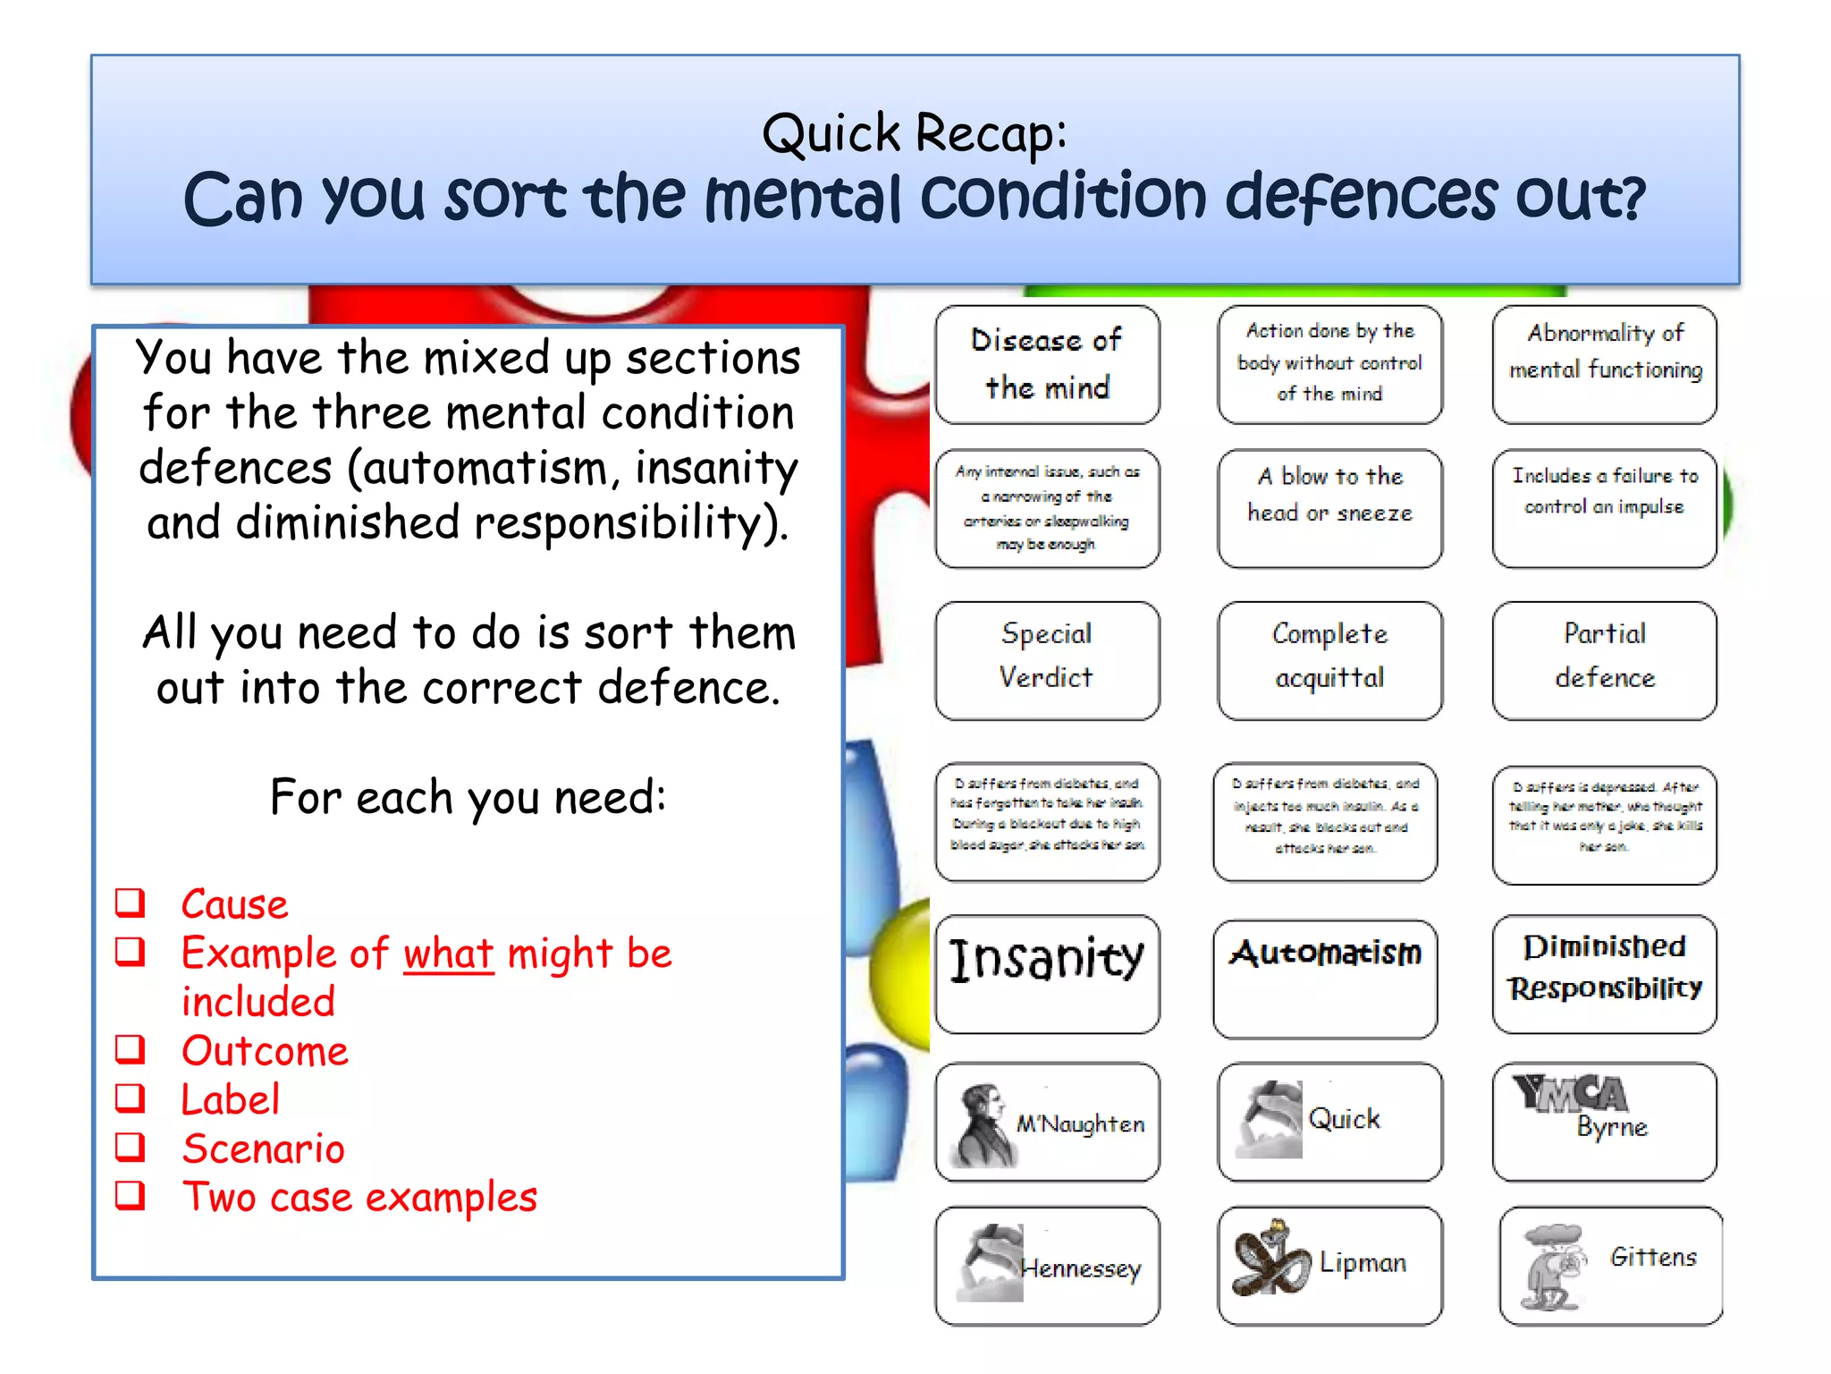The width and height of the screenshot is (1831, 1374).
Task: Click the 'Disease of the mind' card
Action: (1047, 364)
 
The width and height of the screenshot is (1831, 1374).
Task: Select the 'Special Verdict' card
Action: (1047, 660)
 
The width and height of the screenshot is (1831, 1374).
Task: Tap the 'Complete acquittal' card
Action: (1329, 660)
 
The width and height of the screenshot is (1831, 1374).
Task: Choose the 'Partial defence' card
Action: (1604, 660)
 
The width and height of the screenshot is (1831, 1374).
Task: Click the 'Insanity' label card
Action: (1047, 972)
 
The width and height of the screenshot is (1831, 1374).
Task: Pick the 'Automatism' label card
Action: (1325, 977)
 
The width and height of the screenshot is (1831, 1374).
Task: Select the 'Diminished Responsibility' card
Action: (1604, 972)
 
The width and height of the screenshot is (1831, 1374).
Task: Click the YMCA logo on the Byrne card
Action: (1569, 1093)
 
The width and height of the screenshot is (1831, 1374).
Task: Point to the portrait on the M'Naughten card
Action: (983, 1124)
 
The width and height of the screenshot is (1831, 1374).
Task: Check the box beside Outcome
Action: (131, 1048)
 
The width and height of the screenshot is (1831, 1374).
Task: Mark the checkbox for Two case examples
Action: (131, 1195)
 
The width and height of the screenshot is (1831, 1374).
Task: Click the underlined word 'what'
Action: (448, 954)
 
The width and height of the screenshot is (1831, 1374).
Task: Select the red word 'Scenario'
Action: (263, 1149)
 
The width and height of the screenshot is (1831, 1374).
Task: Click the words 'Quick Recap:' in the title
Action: (914, 133)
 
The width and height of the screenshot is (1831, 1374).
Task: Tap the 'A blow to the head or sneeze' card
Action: (1329, 507)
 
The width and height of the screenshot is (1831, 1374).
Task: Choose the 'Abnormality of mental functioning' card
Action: (1604, 364)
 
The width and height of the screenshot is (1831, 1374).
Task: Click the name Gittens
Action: (1653, 1257)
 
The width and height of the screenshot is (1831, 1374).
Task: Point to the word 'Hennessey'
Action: (1082, 1268)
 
